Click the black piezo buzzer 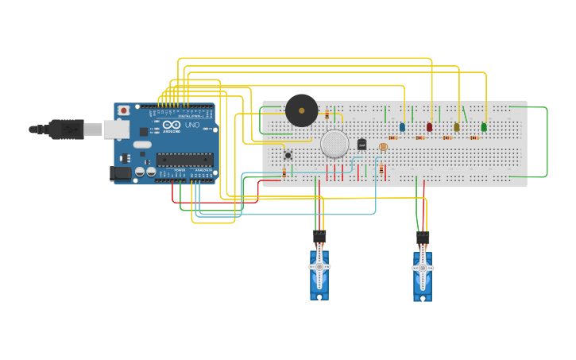click(301, 110)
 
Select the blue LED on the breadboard click(402, 127)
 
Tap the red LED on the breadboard click(429, 127)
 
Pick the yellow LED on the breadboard click(456, 127)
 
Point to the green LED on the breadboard click(484, 126)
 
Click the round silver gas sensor click(334, 144)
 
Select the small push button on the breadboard click(288, 154)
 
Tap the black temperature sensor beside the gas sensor click(361, 144)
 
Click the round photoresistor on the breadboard click(383, 147)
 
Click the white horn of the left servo click(319, 266)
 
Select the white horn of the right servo click(423, 266)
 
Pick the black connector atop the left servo click(319, 236)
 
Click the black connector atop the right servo click(423, 237)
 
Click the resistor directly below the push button click(284, 173)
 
